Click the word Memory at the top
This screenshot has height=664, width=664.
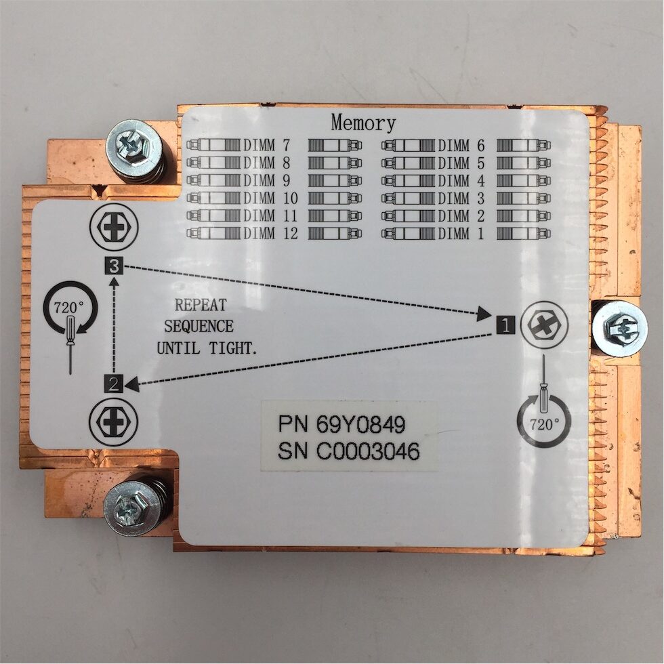click(x=363, y=123)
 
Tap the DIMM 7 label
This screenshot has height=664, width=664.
click(x=266, y=145)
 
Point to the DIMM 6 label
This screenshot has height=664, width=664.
click(x=461, y=145)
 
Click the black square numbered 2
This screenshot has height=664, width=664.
click(x=114, y=384)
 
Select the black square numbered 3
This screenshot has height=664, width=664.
click(x=114, y=267)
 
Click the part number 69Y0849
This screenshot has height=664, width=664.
click(x=360, y=425)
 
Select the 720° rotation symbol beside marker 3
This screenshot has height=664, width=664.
click(x=70, y=309)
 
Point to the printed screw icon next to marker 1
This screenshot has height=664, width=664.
click(x=545, y=325)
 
